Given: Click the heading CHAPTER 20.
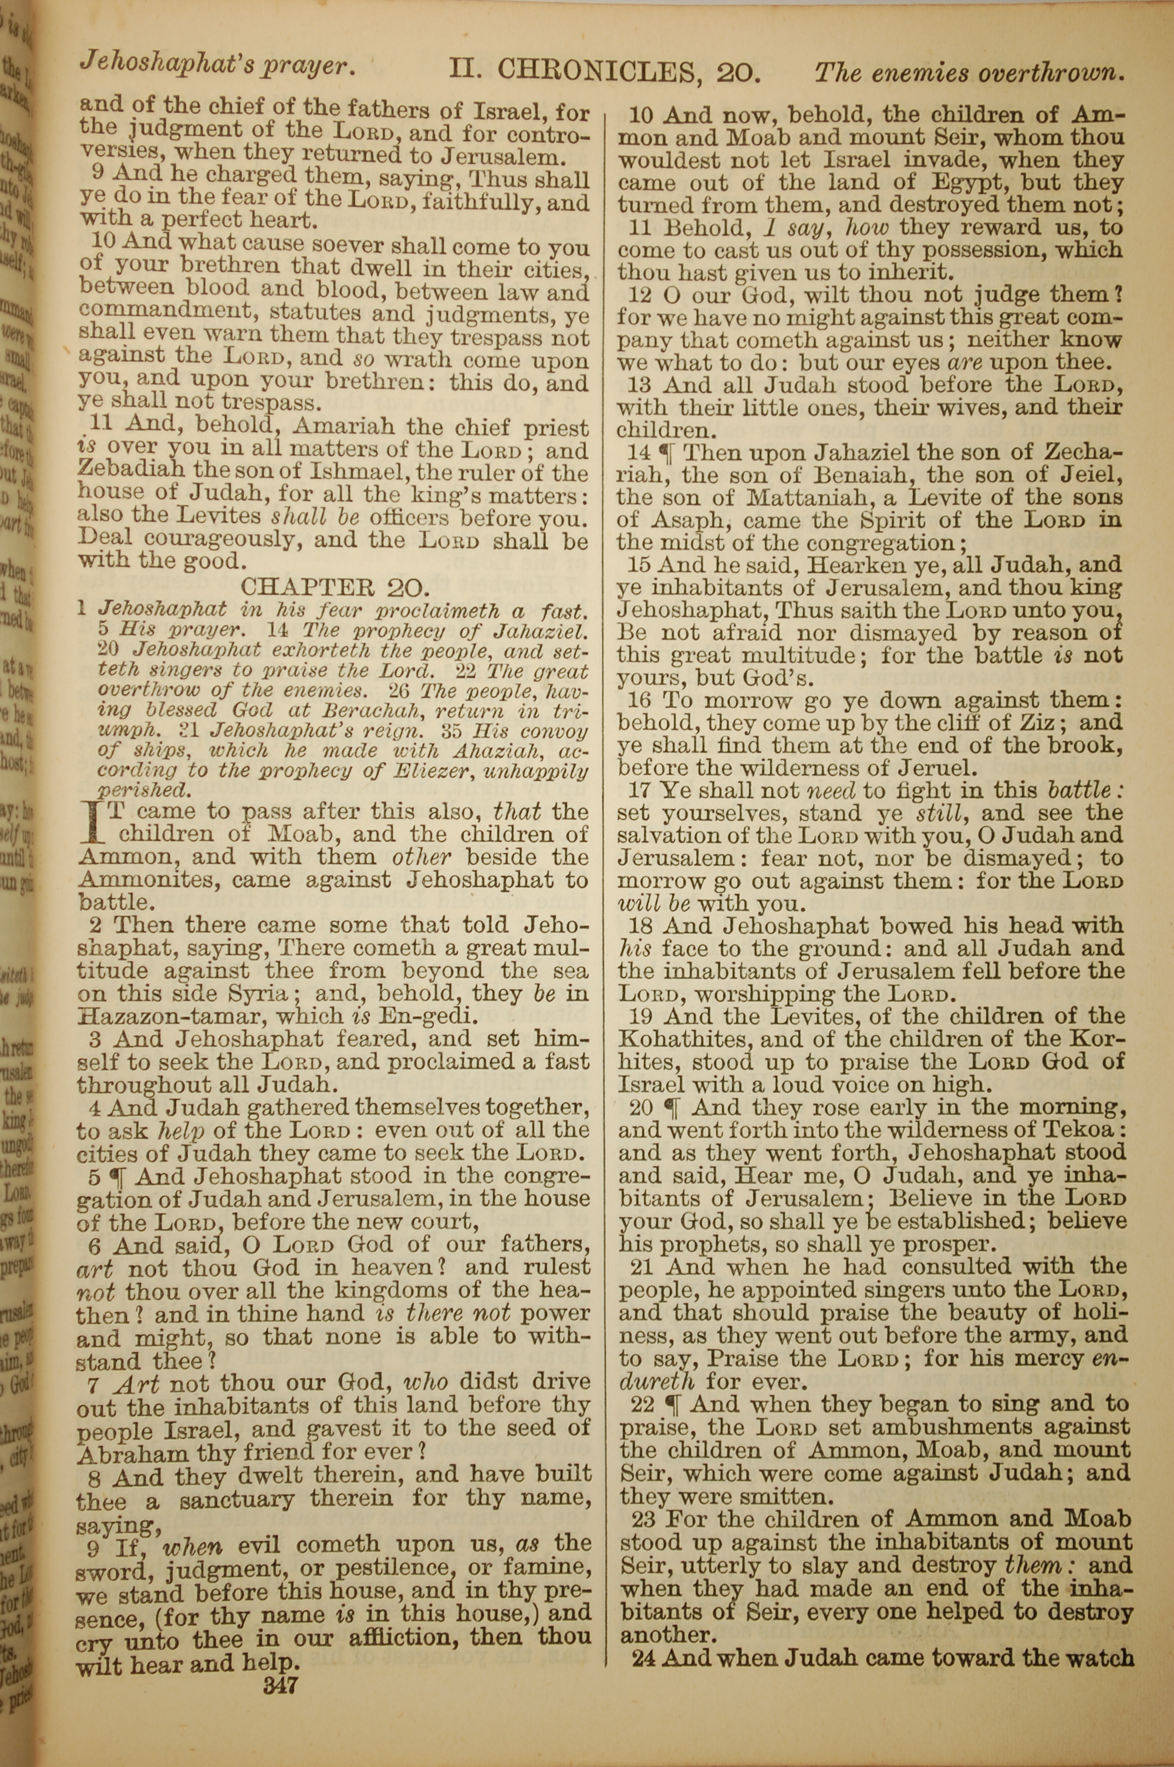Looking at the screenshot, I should coord(334,586).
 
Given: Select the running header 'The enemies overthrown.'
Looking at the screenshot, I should coord(970,73).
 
